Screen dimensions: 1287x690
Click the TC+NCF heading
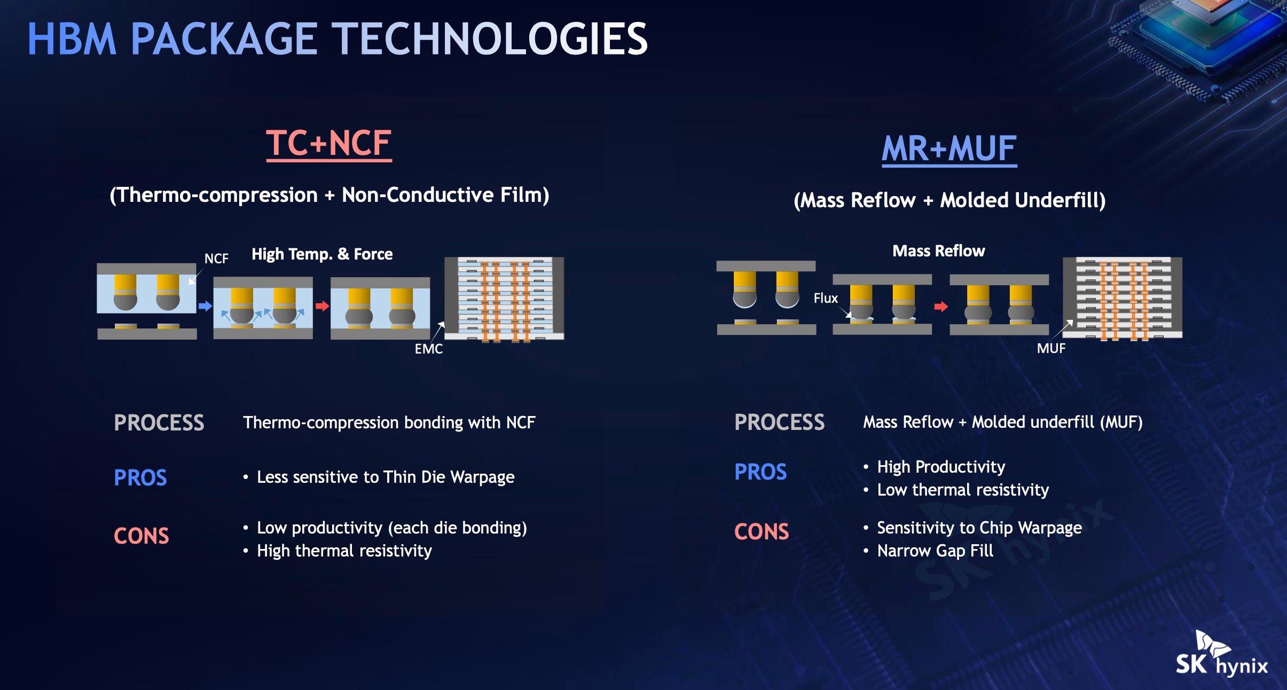coord(329,144)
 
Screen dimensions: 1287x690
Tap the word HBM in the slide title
coord(72,39)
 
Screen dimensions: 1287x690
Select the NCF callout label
coord(216,258)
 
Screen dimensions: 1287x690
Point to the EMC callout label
coord(429,349)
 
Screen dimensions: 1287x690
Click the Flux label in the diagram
coord(826,298)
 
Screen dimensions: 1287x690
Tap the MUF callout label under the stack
coord(1051,348)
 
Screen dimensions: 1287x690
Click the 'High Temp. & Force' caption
coord(322,254)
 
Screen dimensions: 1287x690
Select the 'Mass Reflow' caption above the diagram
coord(939,251)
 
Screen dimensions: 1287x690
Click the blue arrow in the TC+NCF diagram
coord(205,306)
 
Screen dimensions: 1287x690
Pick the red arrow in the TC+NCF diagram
coord(322,306)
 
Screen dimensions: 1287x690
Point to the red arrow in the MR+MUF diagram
coord(941,307)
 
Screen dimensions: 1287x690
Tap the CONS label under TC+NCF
coord(142,536)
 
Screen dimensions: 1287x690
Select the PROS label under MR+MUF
coord(760,472)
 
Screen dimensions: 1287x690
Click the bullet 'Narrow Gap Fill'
coord(935,551)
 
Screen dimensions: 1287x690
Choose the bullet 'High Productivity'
coord(941,467)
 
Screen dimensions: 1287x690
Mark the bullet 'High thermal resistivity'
coord(344,551)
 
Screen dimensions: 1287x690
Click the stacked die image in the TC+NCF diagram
coord(504,299)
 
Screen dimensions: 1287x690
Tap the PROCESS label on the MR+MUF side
coord(780,422)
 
